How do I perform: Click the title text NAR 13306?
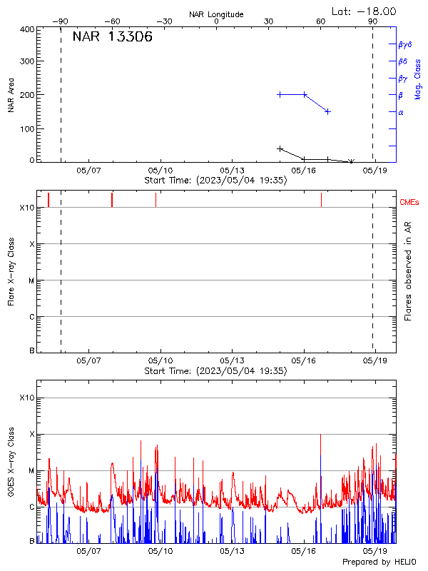pyautogui.click(x=112, y=38)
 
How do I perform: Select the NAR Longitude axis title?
pyautogui.click(x=216, y=14)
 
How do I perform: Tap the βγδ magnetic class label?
pyautogui.click(x=404, y=44)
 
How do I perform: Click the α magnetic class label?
pyautogui.click(x=401, y=112)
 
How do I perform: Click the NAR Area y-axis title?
pyautogui.click(x=11, y=95)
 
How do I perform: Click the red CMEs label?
pyautogui.click(x=410, y=203)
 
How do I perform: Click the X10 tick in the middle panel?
pyautogui.click(x=27, y=208)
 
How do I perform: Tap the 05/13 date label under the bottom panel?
pyautogui.click(x=232, y=552)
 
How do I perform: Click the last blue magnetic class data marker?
pyautogui.click(x=327, y=111)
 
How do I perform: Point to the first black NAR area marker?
pyautogui.click(x=280, y=148)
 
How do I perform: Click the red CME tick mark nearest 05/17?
pyautogui.click(x=321, y=199)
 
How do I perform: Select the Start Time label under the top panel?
pyautogui.click(x=215, y=181)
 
